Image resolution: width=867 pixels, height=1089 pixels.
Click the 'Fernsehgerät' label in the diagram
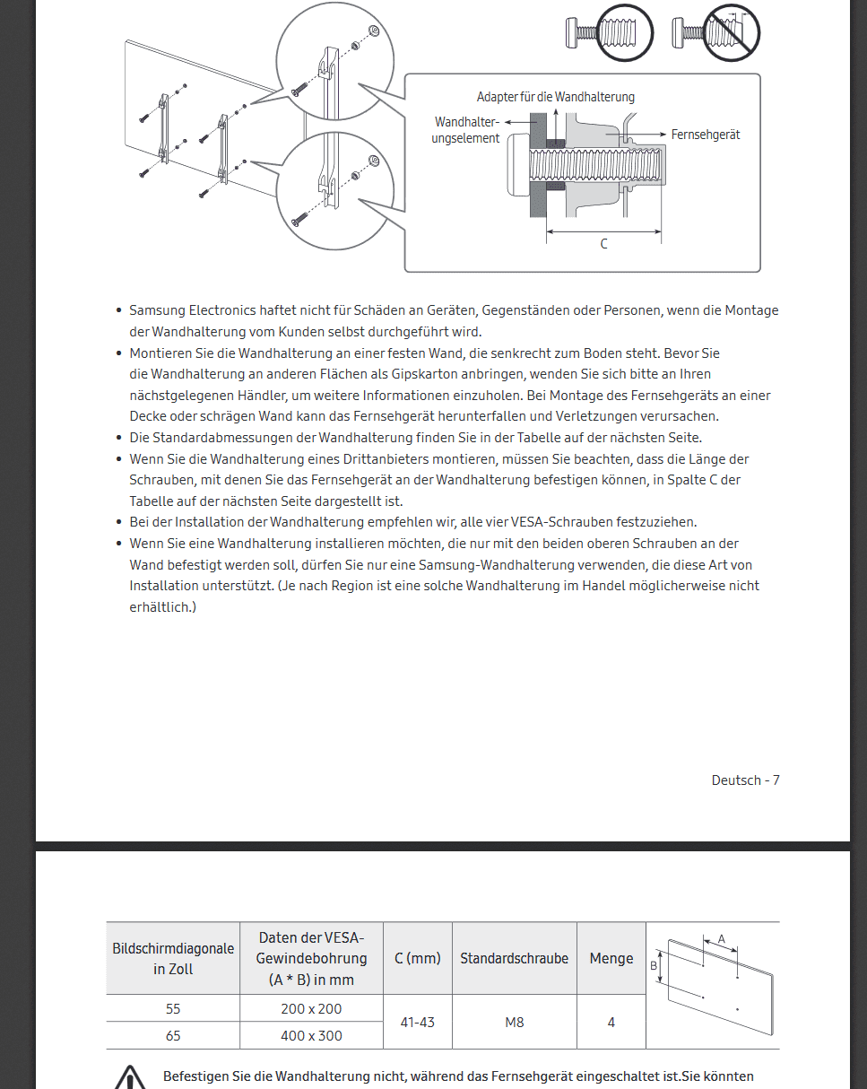coord(705,135)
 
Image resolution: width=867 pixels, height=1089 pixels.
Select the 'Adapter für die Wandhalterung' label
coord(555,97)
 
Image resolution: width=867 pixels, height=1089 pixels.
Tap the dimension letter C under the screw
coord(603,244)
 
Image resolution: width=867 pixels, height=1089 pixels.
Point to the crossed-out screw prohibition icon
coord(730,34)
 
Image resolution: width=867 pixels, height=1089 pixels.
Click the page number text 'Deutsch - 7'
coord(745,780)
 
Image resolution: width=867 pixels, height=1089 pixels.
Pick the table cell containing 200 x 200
coord(310,1008)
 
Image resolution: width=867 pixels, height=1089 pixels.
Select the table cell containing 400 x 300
coord(310,1035)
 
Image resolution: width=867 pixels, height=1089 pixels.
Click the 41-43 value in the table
coord(417,1022)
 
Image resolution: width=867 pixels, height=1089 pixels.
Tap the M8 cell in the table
coord(515,1022)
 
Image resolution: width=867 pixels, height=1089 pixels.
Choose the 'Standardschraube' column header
coord(514,958)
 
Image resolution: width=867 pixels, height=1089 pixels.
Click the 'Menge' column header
coord(611,958)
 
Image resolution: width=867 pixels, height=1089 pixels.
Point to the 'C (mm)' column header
coord(417,958)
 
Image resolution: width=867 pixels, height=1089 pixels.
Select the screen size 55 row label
coord(173,1008)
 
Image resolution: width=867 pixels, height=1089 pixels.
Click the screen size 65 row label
coord(173,1035)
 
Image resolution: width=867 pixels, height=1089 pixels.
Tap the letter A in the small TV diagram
coord(721,939)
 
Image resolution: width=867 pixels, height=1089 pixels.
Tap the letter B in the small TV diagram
coord(654,965)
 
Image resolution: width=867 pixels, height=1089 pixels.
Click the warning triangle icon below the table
coord(131,1076)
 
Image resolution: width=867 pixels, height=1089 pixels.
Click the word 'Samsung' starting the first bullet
coord(156,310)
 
